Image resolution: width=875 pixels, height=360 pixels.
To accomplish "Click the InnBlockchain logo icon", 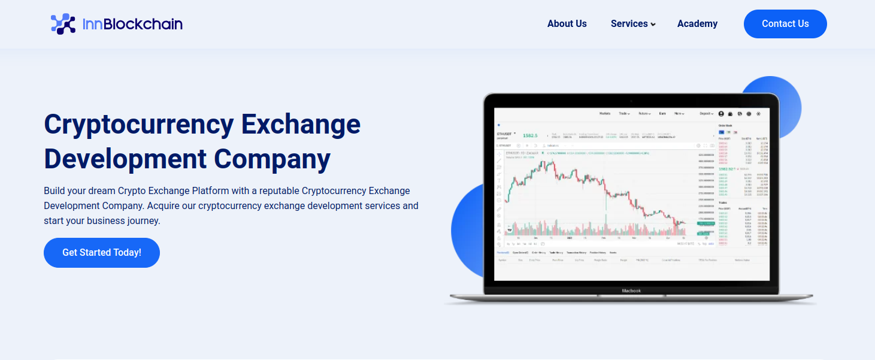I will [x=63, y=24].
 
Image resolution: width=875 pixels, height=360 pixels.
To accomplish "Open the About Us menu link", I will [x=567, y=24].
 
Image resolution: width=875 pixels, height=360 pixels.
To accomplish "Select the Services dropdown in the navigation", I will [x=632, y=24].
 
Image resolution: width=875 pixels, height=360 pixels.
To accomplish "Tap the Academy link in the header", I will [x=697, y=24].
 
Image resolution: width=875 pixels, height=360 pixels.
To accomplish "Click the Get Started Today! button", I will [x=102, y=253].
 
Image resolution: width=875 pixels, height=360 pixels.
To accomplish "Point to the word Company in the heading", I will [x=273, y=159].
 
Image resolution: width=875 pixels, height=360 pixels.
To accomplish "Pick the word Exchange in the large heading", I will [x=301, y=125].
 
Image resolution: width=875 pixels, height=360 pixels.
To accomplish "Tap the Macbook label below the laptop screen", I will [x=631, y=291].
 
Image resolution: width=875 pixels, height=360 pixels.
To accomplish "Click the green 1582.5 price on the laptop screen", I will [x=530, y=135].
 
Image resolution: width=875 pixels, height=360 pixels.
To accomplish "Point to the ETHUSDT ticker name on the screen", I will [x=504, y=133].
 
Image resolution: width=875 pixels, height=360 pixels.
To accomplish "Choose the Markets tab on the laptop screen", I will [x=605, y=113].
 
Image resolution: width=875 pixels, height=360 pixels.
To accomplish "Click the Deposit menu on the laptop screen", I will [x=706, y=113].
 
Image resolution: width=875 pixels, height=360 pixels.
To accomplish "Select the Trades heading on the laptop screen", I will [x=723, y=202].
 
